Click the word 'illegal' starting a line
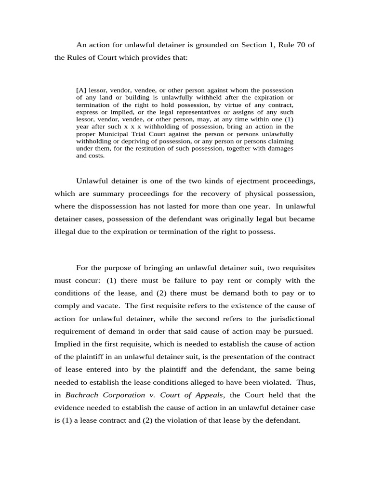tap(65, 231)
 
